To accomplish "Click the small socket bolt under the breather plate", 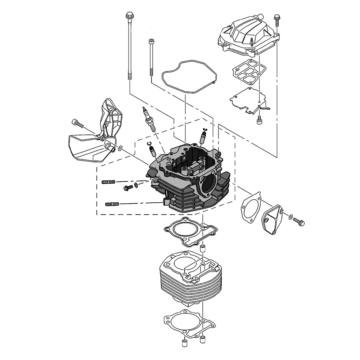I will pyautogui.click(x=259, y=121).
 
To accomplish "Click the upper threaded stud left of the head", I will pyautogui.click(x=108, y=182).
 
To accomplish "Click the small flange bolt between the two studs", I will pyautogui.click(x=127, y=187).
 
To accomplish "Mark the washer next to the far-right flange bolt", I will pyautogui.click(x=290, y=216).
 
